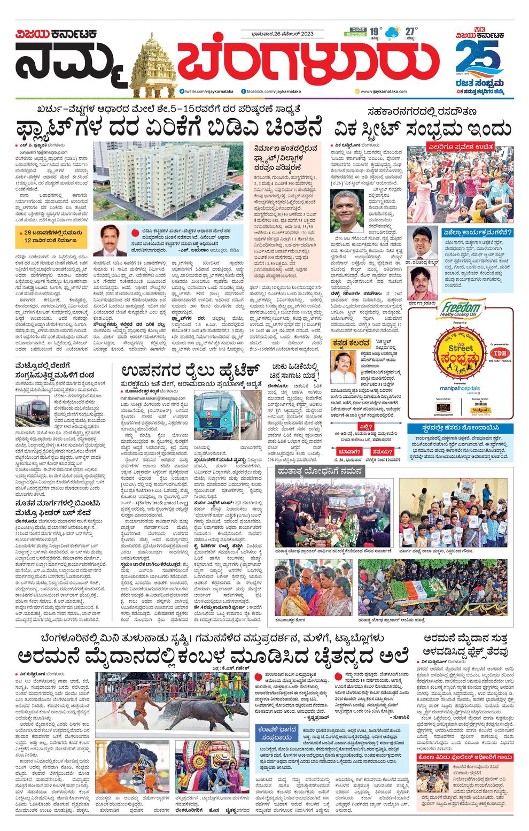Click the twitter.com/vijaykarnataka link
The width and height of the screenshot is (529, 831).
(x=203, y=91)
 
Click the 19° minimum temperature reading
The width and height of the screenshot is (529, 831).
(x=376, y=31)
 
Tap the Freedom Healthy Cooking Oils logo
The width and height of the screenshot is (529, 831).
(x=461, y=310)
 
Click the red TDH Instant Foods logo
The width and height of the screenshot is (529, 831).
(x=500, y=353)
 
